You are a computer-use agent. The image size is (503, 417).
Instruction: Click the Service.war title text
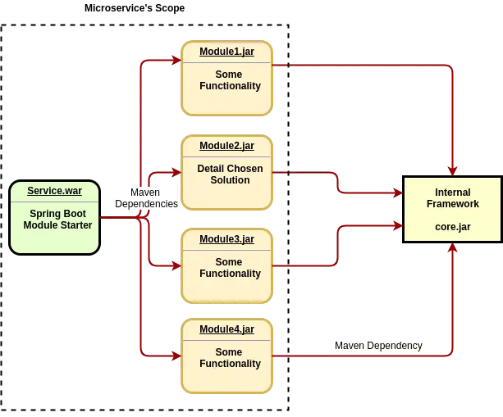click(54, 191)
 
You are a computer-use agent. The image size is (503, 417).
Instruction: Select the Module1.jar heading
click(226, 52)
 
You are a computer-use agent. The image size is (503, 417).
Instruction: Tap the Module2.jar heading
click(226, 146)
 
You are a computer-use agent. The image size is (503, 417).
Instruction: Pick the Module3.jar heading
click(226, 239)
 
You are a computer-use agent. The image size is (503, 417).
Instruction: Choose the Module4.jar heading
click(226, 329)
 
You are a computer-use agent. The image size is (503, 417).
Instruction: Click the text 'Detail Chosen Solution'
click(230, 175)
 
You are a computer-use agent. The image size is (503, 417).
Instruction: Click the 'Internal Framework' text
click(453, 198)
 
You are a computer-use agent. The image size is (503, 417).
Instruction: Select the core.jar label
click(453, 225)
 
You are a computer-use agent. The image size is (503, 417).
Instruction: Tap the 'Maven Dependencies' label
click(145, 198)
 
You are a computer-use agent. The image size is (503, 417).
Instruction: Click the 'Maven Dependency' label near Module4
click(378, 346)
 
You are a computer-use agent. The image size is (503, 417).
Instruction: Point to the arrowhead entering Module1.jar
click(176, 59)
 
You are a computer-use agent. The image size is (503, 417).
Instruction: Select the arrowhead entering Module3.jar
click(176, 265)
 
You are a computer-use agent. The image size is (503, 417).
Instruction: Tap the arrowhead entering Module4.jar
click(176, 356)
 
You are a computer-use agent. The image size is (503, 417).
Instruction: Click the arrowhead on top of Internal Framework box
click(452, 170)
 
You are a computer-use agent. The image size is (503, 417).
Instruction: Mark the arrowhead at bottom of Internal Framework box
click(452, 248)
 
